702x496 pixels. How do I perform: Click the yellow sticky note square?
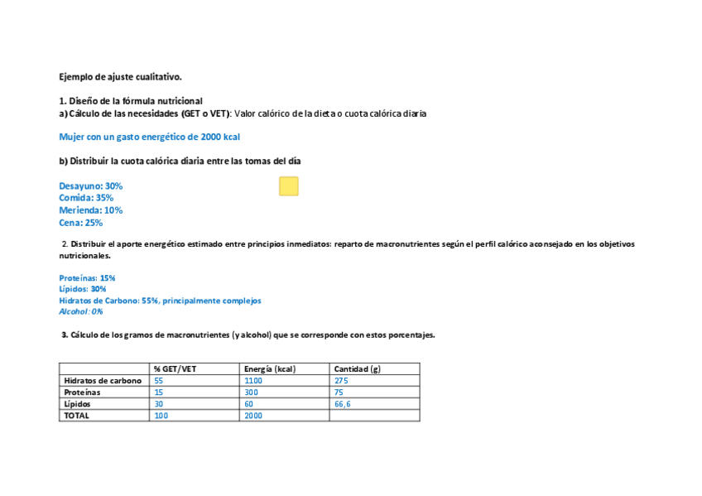(x=288, y=186)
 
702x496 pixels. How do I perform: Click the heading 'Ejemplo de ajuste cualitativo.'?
(x=120, y=77)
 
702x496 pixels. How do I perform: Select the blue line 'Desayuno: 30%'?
(x=91, y=186)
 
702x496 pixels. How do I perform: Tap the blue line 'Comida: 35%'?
(x=86, y=198)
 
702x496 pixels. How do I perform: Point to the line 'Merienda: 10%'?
(x=91, y=210)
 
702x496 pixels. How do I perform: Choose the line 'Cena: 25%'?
(x=81, y=223)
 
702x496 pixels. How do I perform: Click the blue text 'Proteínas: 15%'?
(x=87, y=278)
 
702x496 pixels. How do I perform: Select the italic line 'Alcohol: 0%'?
(x=81, y=312)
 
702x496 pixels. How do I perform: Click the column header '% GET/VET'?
(x=175, y=368)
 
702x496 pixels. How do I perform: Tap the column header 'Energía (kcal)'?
(x=270, y=368)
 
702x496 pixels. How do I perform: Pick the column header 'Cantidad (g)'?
(x=358, y=368)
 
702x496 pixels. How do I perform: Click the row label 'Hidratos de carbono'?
(x=103, y=381)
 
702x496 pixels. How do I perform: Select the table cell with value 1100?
(x=253, y=381)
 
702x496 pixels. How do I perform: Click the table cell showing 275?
(x=341, y=381)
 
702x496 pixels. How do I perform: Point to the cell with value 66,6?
(x=342, y=404)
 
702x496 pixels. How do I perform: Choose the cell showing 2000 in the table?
(x=253, y=416)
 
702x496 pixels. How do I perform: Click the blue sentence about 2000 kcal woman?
(x=149, y=137)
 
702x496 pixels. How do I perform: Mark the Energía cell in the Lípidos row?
(x=249, y=404)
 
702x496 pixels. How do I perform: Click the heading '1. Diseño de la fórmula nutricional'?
(x=131, y=100)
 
